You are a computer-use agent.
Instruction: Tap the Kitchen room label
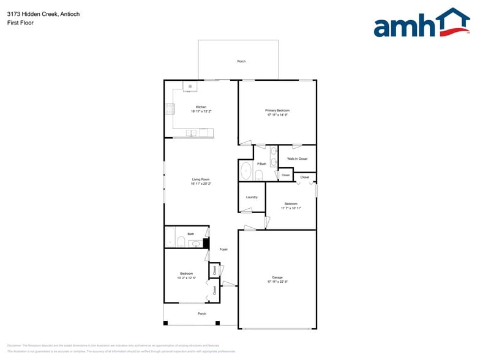(201, 107)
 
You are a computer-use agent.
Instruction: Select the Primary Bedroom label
(277, 110)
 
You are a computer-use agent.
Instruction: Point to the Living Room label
(201, 179)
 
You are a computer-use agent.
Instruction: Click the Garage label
(277, 277)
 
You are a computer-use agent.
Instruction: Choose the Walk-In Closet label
(297, 159)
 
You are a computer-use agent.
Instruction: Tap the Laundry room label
(252, 197)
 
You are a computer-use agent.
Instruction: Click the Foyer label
(223, 249)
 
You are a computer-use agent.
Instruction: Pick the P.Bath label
(261, 163)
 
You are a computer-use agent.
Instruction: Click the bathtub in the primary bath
(246, 171)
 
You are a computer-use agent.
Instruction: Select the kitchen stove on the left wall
(170, 110)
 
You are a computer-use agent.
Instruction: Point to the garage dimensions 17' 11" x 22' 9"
(277, 282)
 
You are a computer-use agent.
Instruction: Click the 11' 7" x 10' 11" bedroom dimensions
(291, 208)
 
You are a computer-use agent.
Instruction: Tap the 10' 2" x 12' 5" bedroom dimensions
(186, 278)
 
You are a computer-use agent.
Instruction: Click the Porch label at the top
(241, 61)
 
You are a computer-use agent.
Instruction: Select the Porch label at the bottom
(201, 313)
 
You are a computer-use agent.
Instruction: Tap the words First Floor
(20, 23)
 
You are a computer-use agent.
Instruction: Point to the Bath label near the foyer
(190, 234)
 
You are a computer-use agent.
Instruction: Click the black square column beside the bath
(206, 243)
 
